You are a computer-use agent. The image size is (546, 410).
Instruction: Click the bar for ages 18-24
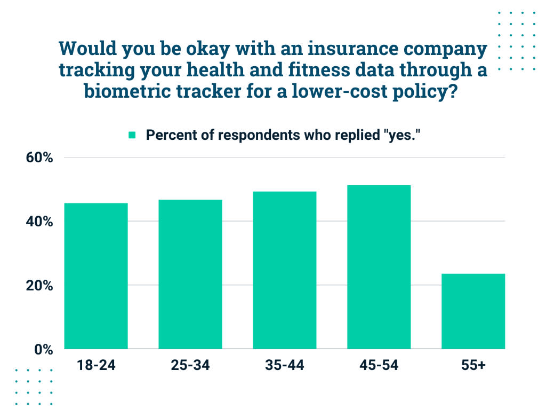tap(96, 276)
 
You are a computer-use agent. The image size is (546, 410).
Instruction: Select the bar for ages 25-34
tap(190, 274)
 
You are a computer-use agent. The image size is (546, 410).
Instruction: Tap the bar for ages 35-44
tap(285, 270)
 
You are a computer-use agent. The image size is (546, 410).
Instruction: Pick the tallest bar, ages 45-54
tap(379, 267)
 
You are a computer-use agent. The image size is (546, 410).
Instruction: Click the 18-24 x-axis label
tap(96, 366)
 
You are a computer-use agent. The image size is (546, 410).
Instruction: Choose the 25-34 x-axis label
tap(190, 366)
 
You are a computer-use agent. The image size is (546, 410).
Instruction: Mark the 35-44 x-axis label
tap(285, 366)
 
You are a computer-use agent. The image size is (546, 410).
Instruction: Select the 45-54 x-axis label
tap(379, 366)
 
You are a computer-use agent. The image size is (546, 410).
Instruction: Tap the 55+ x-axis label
tap(473, 366)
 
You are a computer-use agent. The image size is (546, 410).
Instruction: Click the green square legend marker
tap(133, 135)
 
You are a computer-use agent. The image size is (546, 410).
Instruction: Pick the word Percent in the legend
tap(167, 135)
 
